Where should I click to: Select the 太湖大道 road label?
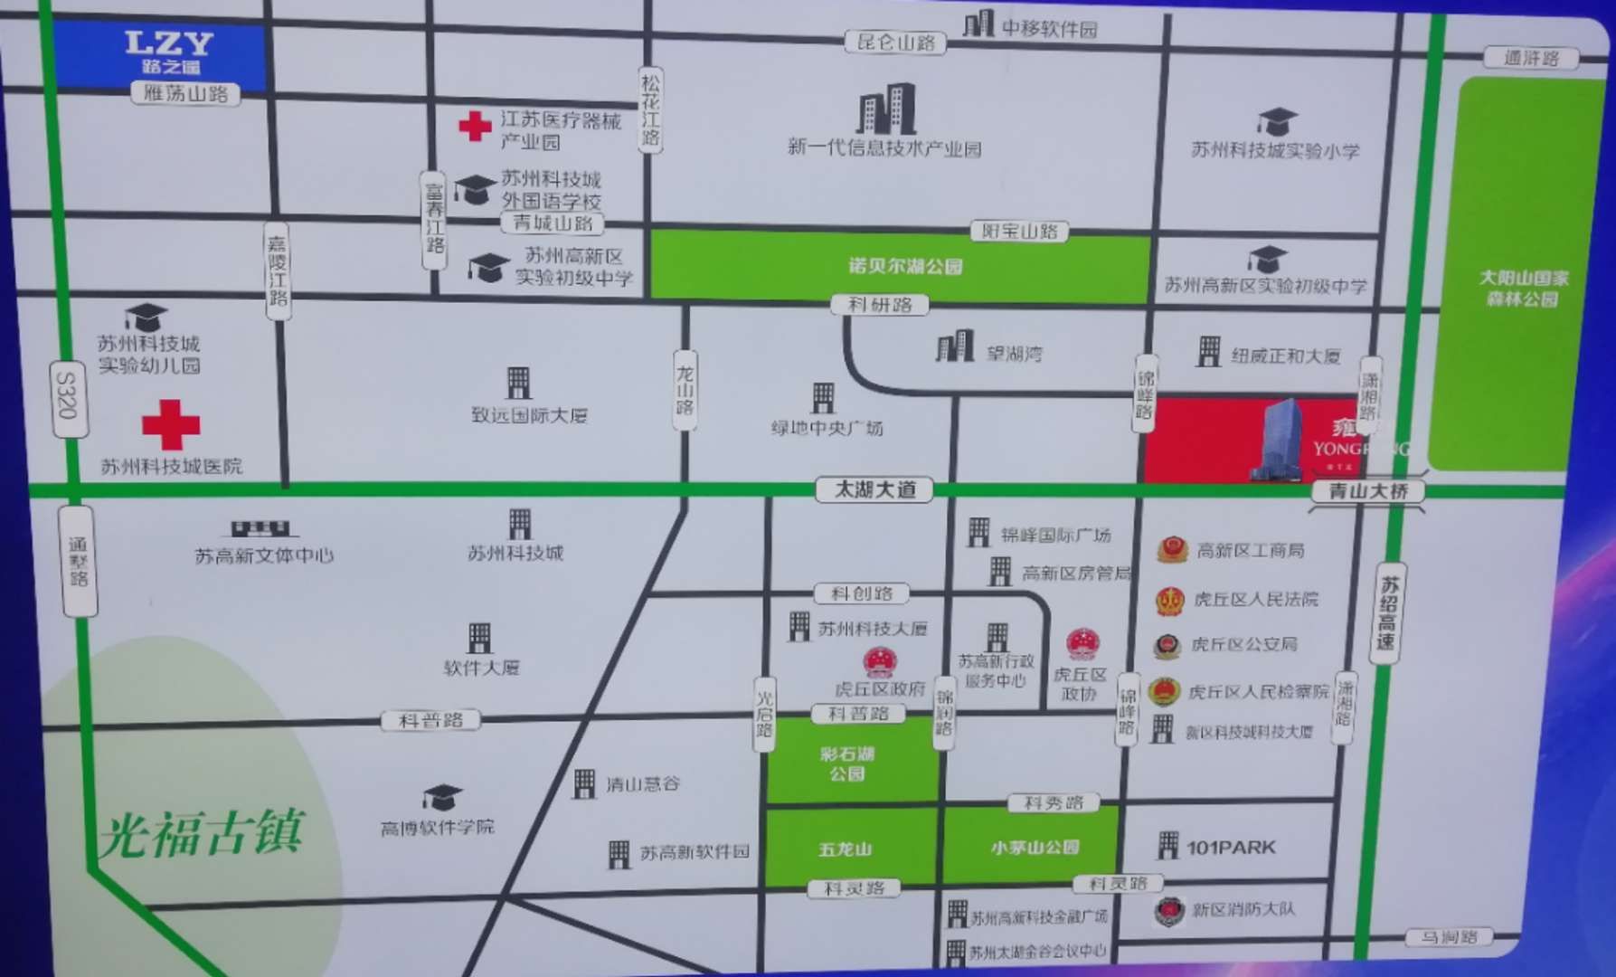[874, 489]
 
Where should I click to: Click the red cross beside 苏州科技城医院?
[171, 424]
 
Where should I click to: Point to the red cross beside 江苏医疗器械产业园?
[475, 126]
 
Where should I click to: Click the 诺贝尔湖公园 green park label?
[904, 266]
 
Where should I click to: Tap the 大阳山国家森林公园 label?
[1523, 288]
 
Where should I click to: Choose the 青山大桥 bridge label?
[1367, 491]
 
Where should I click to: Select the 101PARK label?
[1231, 848]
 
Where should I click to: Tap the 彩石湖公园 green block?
[847, 763]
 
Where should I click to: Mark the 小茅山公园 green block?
[1035, 848]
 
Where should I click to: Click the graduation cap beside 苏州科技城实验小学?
[1277, 121]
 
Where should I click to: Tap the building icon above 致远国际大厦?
[518, 383]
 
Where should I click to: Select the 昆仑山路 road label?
[896, 43]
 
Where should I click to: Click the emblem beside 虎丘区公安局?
[1167, 646]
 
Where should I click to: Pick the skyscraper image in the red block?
[1279, 440]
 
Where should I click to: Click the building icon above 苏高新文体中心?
[260, 528]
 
